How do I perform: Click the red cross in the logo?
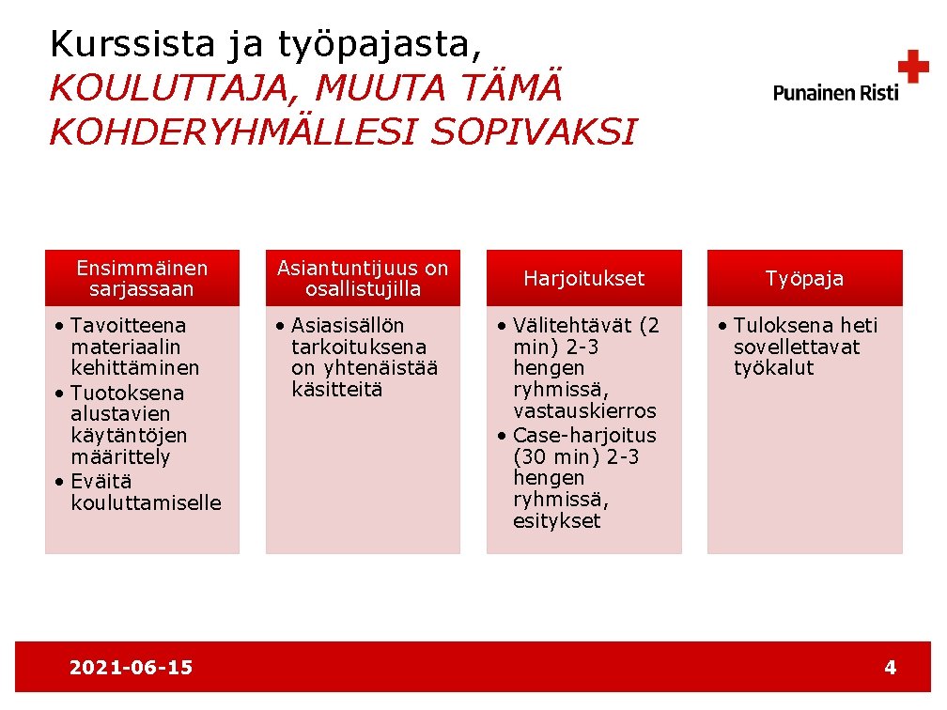[912, 67]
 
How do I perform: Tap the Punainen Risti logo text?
[835, 92]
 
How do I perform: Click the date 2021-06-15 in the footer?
[131, 668]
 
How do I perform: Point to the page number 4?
[890, 668]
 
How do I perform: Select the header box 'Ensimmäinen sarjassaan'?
[142, 279]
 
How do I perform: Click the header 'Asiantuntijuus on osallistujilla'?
[363, 279]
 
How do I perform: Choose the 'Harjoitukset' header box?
[583, 279]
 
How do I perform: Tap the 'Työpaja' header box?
[804, 279]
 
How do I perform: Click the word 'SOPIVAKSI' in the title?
[534, 132]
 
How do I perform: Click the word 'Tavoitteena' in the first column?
[128, 326]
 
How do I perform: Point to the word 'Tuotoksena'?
[127, 393]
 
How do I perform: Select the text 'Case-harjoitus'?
[584, 436]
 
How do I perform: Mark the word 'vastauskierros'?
[584, 411]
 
